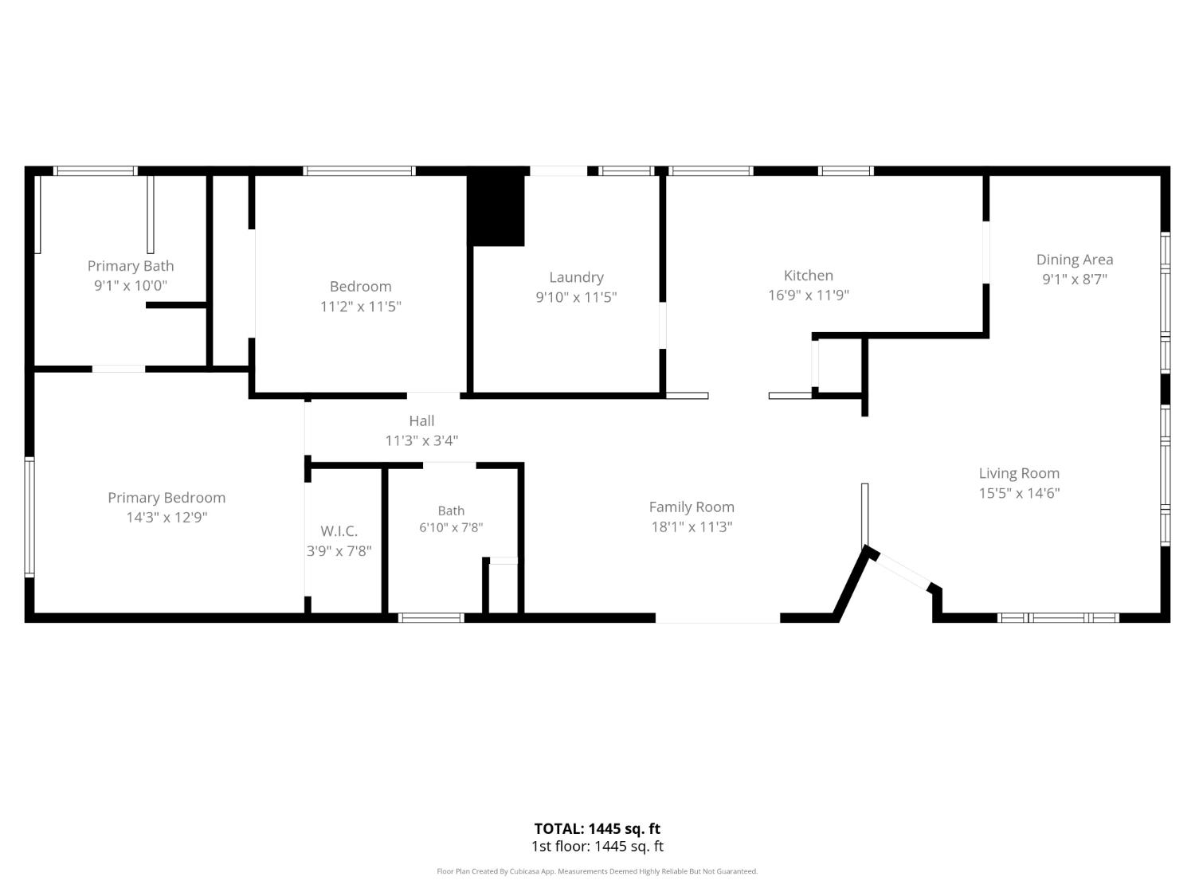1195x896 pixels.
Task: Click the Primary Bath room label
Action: [x=131, y=266]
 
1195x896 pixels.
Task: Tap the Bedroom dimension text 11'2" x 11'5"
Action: [x=360, y=307]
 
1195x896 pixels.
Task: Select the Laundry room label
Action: [x=576, y=277]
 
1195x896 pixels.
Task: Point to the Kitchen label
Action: [x=809, y=276]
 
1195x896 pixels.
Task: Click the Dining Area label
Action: [x=1075, y=260]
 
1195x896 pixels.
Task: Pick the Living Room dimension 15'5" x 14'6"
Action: [x=1019, y=493]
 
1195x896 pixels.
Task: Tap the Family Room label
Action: [x=692, y=507]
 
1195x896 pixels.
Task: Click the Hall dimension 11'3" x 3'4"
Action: [x=422, y=440]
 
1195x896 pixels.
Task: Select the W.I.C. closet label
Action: [x=339, y=531]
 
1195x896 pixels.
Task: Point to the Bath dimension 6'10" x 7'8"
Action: [x=452, y=527]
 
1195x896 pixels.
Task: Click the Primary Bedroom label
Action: [x=167, y=498]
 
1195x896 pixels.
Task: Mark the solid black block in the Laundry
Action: [x=496, y=210]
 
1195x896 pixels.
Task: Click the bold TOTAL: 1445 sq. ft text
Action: [x=597, y=828]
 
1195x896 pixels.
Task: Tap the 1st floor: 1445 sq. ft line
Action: [x=597, y=847]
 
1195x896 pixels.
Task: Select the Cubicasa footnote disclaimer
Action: [x=597, y=871]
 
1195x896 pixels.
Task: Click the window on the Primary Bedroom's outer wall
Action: [x=29, y=517]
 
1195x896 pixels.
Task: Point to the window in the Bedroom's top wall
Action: [x=359, y=170]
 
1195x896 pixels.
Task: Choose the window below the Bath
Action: [x=431, y=617]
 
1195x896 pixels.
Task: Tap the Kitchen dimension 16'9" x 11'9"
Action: [x=809, y=295]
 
